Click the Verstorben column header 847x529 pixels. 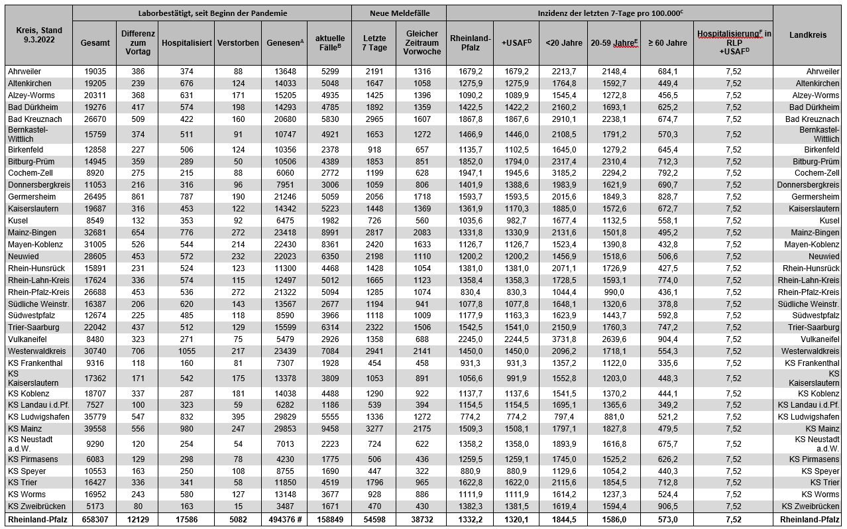(x=238, y=42)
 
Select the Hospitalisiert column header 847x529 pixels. (x=186, y=42)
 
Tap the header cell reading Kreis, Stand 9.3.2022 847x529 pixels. (x=38, y=35)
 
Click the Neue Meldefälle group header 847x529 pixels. (x=398, y=13)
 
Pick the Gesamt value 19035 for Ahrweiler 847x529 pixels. (x=95, y=72)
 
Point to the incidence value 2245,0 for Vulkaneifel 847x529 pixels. (x=469, y=339)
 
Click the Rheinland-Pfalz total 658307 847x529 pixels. (x=95, y=520)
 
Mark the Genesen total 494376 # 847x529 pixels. (x=285, y=520)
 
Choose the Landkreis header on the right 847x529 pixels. (x=807, y=35)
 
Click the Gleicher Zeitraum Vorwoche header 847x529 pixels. (x=422, y=42)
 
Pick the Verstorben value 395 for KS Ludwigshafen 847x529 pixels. (x=238, y=417)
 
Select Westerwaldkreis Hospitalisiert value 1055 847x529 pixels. (x=186, y=351)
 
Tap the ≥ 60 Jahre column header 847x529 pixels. (x=667, y=42)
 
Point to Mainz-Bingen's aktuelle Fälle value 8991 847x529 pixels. (x=329, y=233)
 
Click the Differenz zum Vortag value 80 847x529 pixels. (x=138, y=506)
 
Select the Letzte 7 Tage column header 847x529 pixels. (x=373, y=42)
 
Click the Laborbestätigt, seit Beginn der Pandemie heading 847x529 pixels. (x=211, y=13)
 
